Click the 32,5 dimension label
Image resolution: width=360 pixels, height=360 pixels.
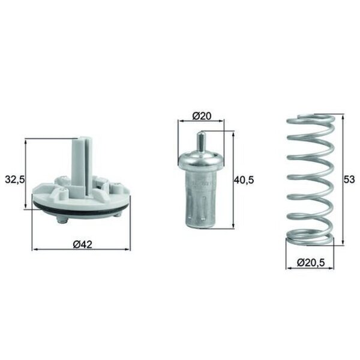tap(14, 180)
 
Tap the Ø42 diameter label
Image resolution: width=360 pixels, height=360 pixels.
tap(83, 245)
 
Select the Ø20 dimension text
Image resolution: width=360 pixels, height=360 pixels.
tap(202, 116)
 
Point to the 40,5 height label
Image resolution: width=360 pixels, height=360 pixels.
tap(244, 180)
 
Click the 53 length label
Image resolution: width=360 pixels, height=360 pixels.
tap(349, 179)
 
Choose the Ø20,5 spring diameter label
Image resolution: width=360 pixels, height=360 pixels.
tap(311, 262)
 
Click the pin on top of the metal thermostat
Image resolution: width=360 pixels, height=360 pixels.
tap(201, 142)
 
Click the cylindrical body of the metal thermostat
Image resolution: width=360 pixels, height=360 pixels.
tap(201, 197)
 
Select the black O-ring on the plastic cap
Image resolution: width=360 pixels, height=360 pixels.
tap(81, 208)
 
